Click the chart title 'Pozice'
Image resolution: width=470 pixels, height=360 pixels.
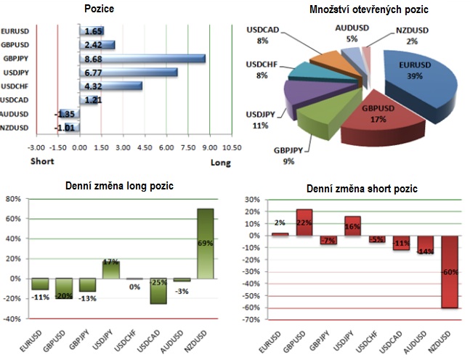coord(99,9)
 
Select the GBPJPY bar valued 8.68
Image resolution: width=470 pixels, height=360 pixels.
coord(145,59)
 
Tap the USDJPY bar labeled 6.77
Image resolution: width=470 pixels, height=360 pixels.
coord(131,72)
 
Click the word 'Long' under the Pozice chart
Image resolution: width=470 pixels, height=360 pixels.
coord(221,162)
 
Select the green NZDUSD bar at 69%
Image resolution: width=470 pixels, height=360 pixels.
coord(206,243)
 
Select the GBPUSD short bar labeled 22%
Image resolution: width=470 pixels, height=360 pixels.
coord(304,222)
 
